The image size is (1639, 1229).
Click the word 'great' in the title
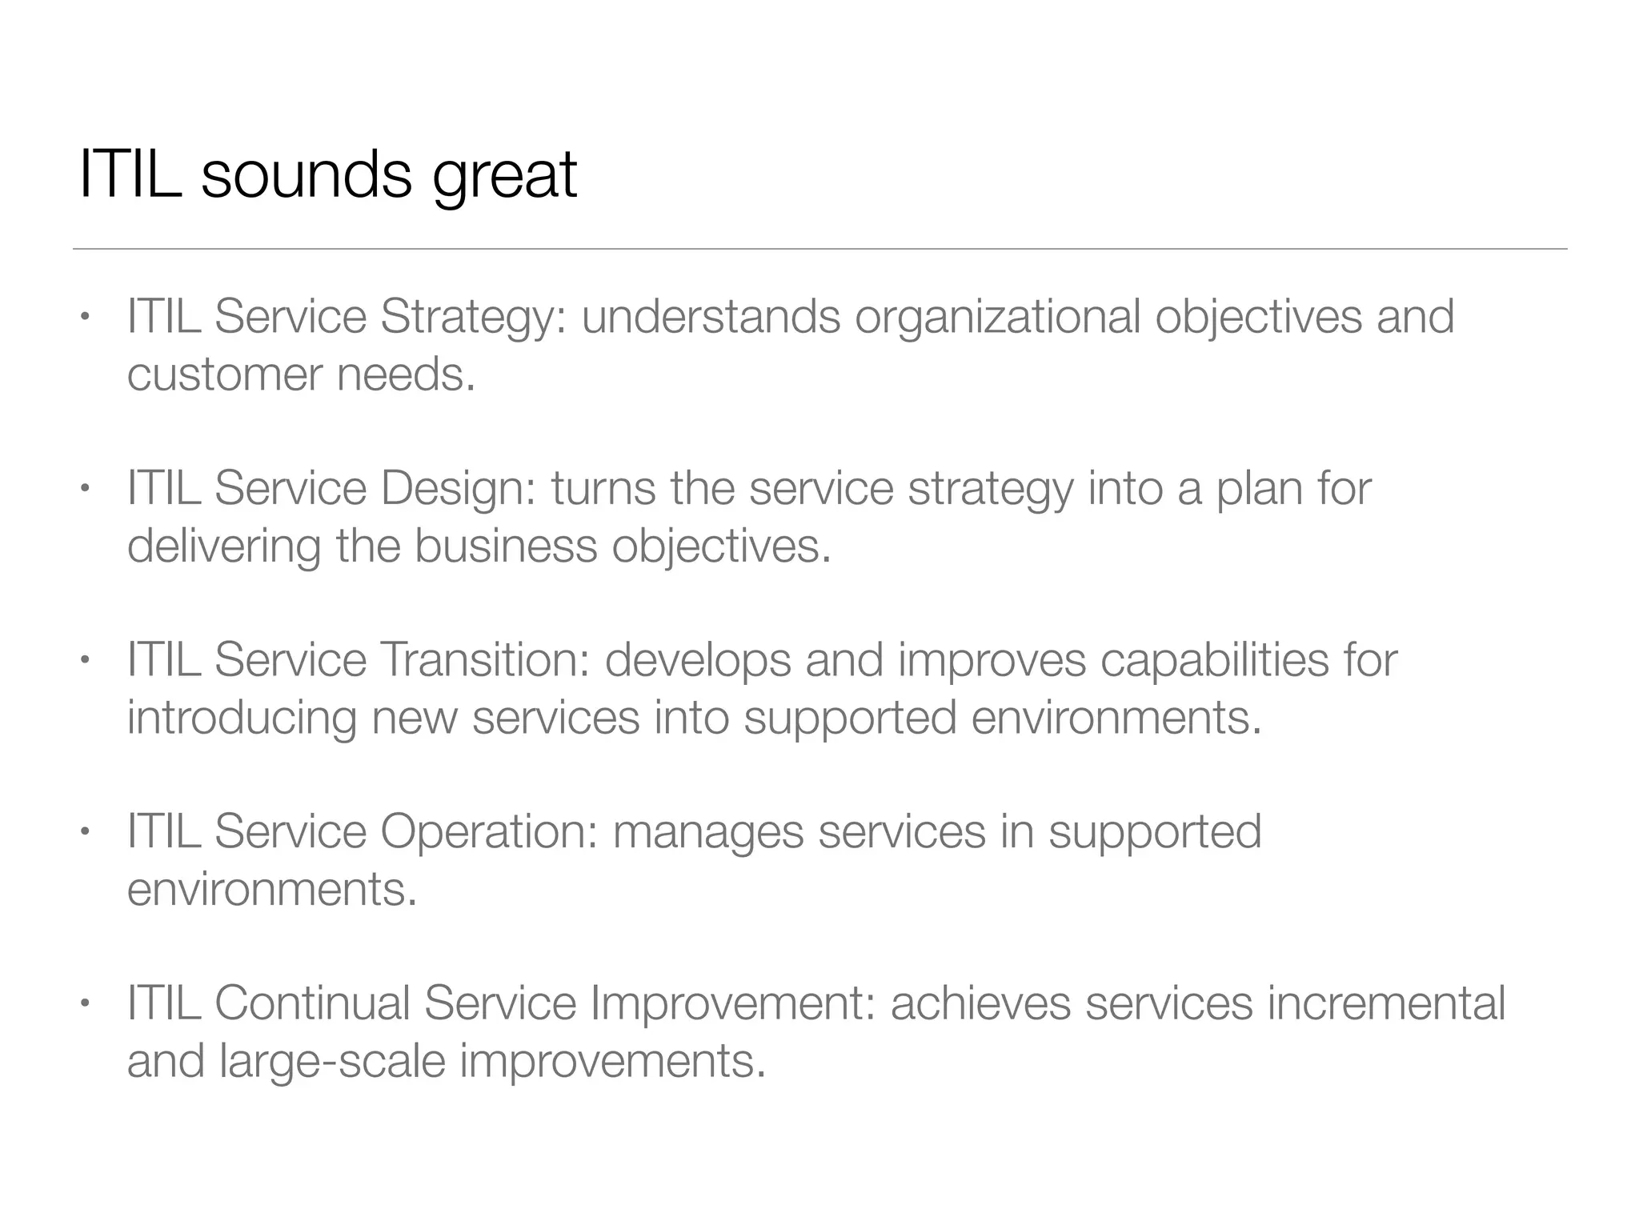coord(505,176)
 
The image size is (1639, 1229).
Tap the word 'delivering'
coord(224,546)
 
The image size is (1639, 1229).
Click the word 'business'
coord(506,546)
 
